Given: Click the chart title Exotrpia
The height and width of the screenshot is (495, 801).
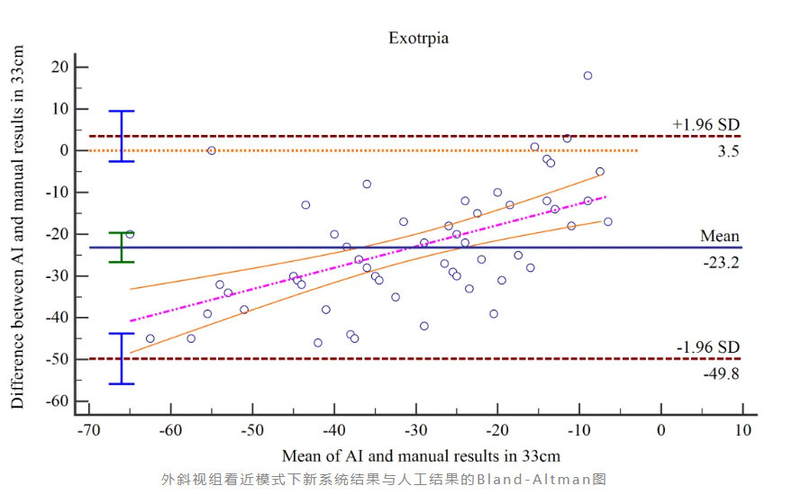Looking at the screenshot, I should coord(418,38).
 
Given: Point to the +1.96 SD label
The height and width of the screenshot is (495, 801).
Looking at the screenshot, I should coord(706,124).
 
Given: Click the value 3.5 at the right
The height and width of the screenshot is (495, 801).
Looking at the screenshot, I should coord(728,151).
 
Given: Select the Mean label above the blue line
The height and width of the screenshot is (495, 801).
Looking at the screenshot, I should coord(720,236).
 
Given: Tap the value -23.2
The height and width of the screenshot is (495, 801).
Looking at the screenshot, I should coord(722,262).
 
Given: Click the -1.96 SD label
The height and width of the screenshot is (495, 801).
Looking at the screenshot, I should coord(707,347).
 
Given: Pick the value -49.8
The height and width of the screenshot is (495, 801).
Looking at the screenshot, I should coord(722,373).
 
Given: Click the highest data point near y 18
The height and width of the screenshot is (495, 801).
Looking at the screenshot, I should coord(587,76).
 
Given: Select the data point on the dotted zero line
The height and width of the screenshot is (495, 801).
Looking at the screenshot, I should coord(212,150).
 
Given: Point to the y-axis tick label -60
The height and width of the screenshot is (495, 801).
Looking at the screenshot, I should coord(58,400).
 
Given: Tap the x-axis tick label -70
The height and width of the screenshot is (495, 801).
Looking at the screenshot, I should coord(87,430).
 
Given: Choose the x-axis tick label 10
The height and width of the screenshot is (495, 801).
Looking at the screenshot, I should coord(742,430).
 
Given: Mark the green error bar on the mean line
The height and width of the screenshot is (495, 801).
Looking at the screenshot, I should coord(122,247).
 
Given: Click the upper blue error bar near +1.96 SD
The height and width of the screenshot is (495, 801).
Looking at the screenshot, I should coord(122,136).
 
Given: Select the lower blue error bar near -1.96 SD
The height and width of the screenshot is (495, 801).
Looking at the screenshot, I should coord(122,358).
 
